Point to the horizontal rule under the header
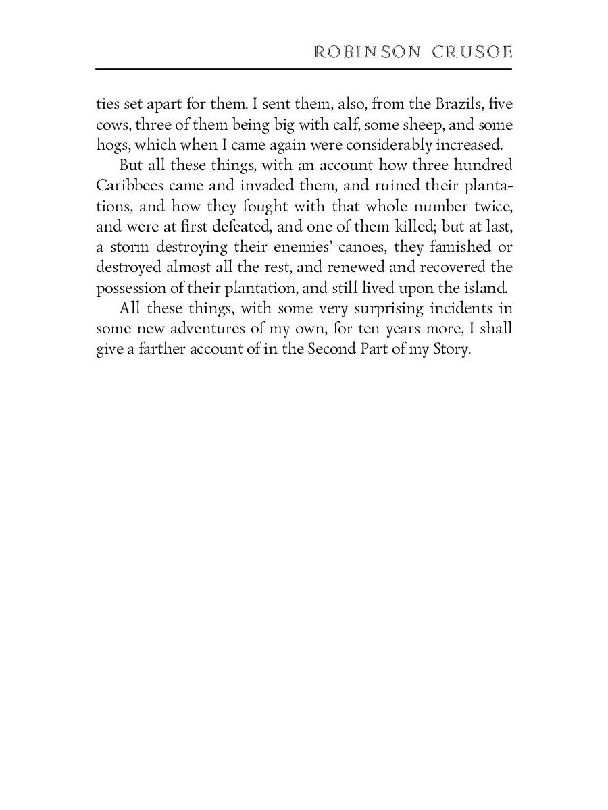click(304, 69)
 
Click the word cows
click(111, 125)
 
